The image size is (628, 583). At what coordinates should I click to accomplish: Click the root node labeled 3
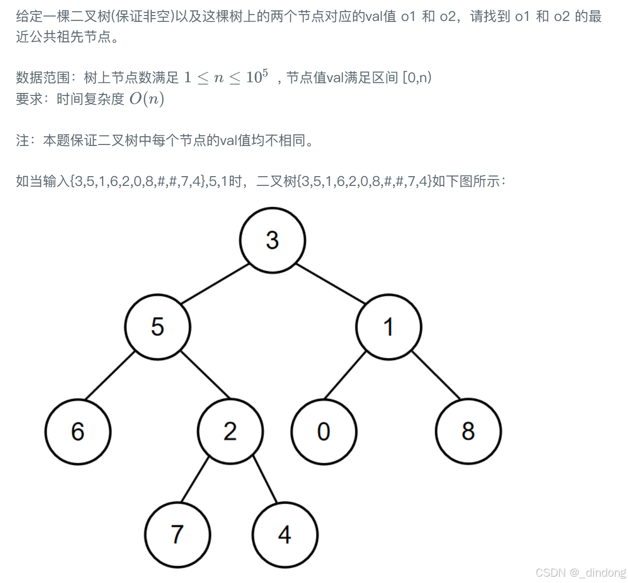pyautogui.click(x=273, y=240)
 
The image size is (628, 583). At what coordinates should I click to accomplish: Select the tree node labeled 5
pyautogui.click(x=157, y=327)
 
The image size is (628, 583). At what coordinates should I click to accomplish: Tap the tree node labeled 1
pyautogui.click(x=388, y=327)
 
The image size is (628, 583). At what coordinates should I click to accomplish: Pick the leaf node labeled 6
pyautogui.click(x=78, y=431)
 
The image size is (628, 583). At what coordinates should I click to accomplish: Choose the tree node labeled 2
pyautogui.click(x=230, y=431)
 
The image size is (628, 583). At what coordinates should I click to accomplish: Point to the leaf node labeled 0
pyautogui.click(x=324, y=431)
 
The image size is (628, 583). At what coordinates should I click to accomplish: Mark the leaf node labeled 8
pyautogui.click(x=468, y=431)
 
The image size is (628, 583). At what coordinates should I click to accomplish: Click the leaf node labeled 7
pyautogui.click(x=177, y=534)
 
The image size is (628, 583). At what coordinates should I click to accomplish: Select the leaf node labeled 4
pyautogui.click(x=285, y=534)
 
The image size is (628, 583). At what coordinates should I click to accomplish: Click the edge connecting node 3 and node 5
pyautogui.click(x=215, y=283)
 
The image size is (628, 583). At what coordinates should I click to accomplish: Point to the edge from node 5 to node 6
pyautogui.click(x=109, y=375)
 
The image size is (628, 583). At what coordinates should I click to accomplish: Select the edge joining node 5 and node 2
pyautogui.click(x=205, y=375)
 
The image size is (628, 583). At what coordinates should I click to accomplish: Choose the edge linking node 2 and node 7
pyautogui.click(x=194, y=480)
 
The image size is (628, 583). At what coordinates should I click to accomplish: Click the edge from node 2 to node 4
pyautogui.click(x=265, y=480)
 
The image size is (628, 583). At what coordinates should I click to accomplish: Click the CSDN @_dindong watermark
pyautogui.click(x=580, y=572)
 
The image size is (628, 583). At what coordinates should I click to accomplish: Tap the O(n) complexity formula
pyautogui.click(x=147, y=99)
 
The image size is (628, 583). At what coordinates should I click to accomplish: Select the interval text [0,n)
pyautogui.click(x=417, y=77)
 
